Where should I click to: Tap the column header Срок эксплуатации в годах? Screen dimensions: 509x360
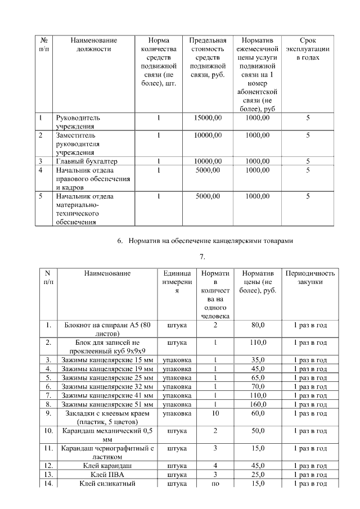click(x=308, y=49)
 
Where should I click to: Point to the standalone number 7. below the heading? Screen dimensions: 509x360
click(x=202, y=257)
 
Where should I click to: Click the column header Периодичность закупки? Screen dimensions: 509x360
click(x=310, y=278)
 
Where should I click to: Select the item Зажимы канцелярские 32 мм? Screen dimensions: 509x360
click(x=107, y=386)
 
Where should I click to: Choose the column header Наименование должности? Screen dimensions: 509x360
click(x=93, y=44)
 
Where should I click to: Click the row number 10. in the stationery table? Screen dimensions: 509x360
click(x=48, y=431)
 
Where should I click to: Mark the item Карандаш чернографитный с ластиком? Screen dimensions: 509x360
click(x=107, y=453)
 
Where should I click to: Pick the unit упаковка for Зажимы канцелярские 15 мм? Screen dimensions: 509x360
click(x=177, y=359)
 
